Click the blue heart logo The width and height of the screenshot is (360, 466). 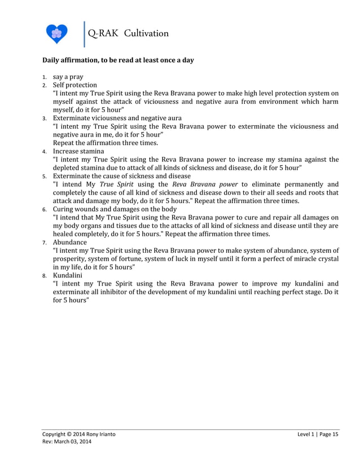[56, 34]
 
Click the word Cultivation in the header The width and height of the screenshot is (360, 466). [148, 33]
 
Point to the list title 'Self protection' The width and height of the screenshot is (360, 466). [75, 85]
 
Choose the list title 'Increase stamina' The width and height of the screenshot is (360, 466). [78, 151]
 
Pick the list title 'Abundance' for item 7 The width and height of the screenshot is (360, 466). [70, 242]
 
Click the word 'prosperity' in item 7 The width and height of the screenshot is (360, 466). [69, 259]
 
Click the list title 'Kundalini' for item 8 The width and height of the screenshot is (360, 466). [68, 275]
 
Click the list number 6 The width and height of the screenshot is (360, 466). [45, 209]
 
